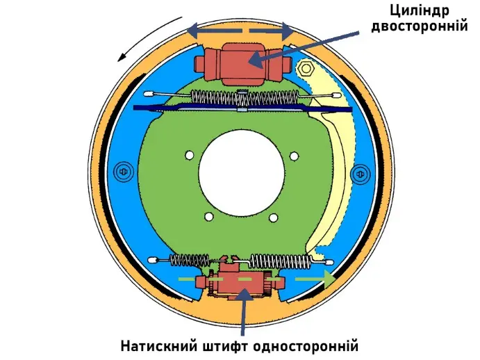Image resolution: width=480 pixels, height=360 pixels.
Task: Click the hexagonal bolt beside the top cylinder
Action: (x=306, y=69)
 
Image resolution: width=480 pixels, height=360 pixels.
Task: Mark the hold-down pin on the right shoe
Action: (x=358, y=172)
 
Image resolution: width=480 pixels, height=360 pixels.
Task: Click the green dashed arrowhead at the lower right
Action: (x=329, y=279)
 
